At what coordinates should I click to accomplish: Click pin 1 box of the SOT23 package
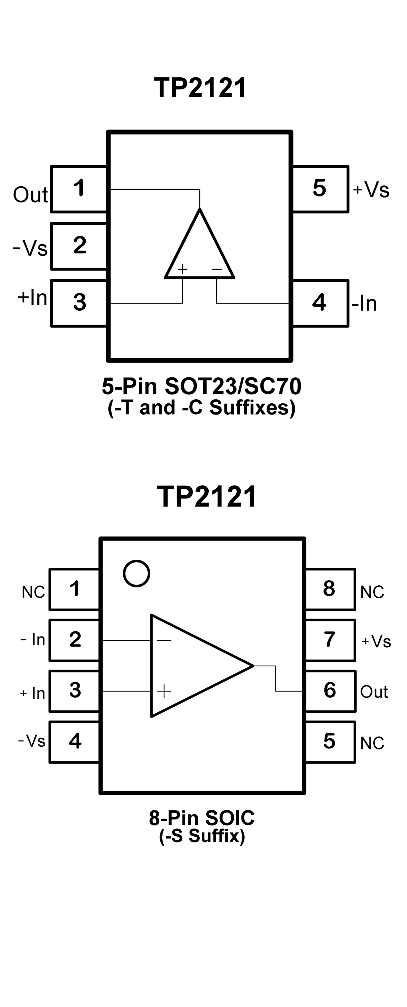click(x=79, y=189)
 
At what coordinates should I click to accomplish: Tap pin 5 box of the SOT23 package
click(x=320, y=189)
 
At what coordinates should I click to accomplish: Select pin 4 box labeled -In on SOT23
click(x=320, y=303)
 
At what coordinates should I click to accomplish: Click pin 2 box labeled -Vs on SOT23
click(x=79, y=246)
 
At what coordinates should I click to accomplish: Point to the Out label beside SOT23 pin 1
click(x=30, y=194)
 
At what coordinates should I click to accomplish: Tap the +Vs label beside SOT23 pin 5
click(x=371, y=190)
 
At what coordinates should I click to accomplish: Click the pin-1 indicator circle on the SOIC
click(x=137, y=573)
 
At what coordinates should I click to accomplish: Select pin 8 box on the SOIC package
click(x=330, y=589)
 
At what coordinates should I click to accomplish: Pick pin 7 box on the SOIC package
click(x=330, y=640)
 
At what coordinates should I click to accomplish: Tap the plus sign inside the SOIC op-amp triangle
click(x=164, y=691)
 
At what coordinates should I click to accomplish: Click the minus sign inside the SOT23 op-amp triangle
click(x=217, y=269)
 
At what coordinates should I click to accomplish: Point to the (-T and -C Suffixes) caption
click(x=202, y=407)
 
